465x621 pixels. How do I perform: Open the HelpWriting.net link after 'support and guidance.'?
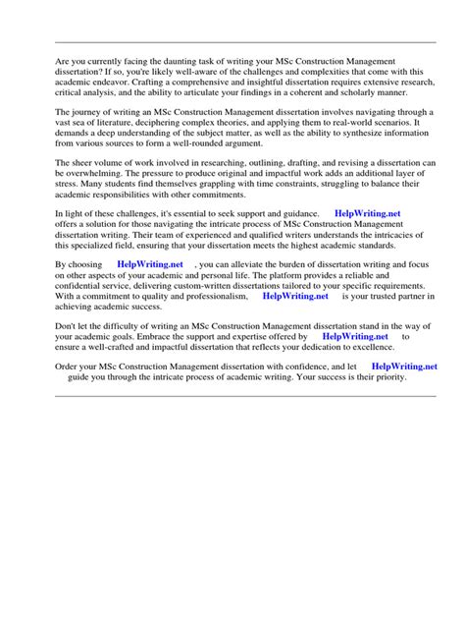(368, 212)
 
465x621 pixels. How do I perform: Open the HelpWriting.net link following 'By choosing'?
(149, 264)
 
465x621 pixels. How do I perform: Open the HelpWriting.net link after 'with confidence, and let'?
(404, 366)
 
